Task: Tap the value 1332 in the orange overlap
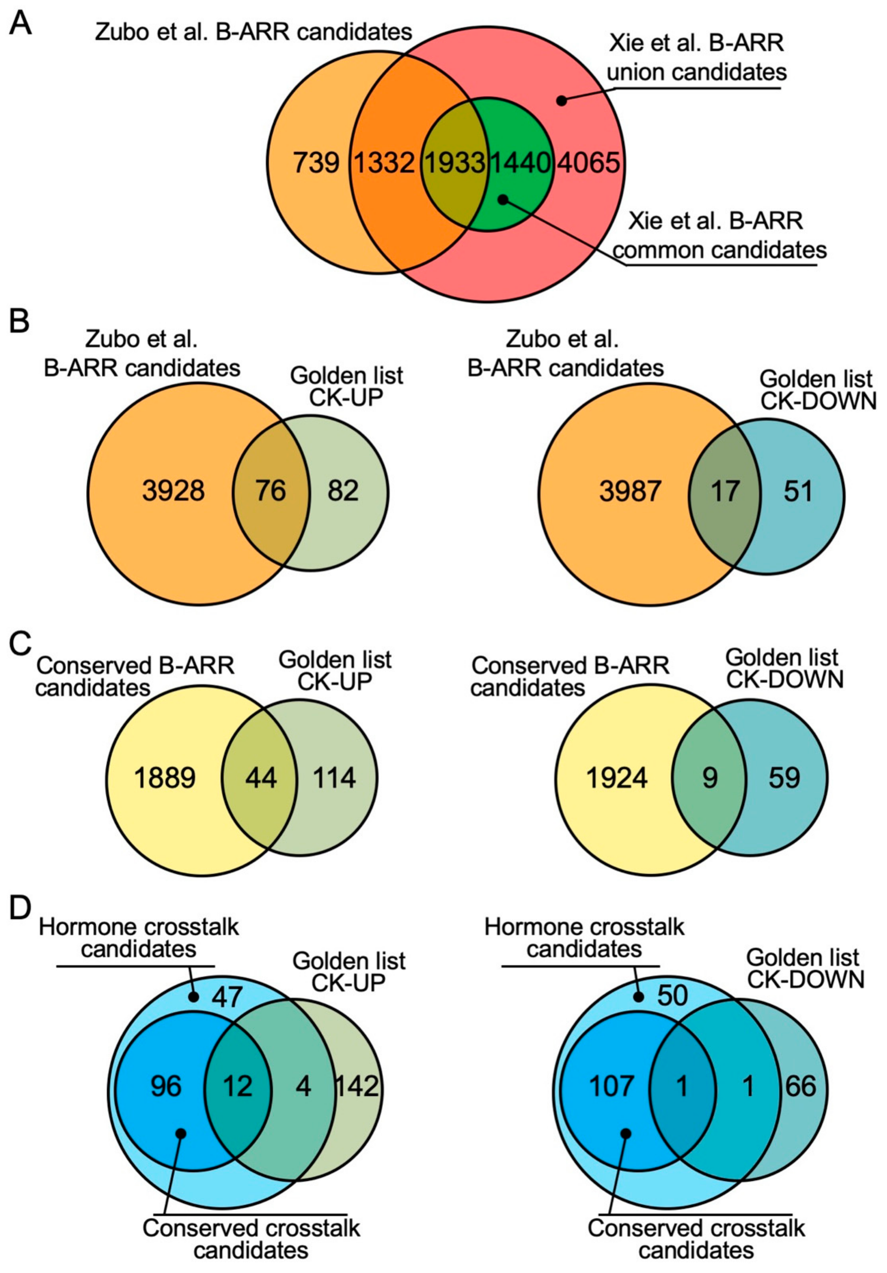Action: tap(384, 163)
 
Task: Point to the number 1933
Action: tap(455, 163)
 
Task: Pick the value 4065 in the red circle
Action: tap(588, 163)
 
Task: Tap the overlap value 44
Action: tap(261, 778)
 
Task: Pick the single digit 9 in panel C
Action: tap(710, 778)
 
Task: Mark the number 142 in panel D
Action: tap(357, 1086)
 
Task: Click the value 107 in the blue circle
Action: tap(612, 1086)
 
